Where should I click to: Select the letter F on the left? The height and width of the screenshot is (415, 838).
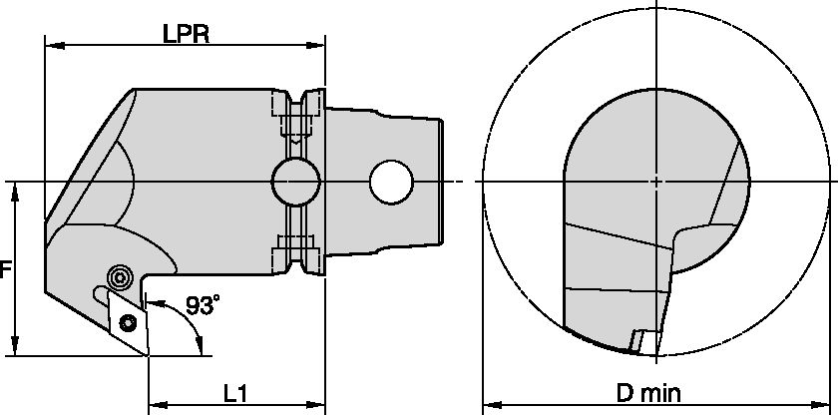point(6,269)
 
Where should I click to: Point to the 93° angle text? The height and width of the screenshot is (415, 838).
point(202,306)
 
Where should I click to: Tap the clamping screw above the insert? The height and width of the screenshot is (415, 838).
point(121,276)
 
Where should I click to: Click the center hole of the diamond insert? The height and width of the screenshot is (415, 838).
point(128,322)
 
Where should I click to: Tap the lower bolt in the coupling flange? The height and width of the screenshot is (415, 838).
point(296,242)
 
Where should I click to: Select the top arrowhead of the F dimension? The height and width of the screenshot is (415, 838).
point(16,190)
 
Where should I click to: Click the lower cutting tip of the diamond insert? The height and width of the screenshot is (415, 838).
point(148,353)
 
